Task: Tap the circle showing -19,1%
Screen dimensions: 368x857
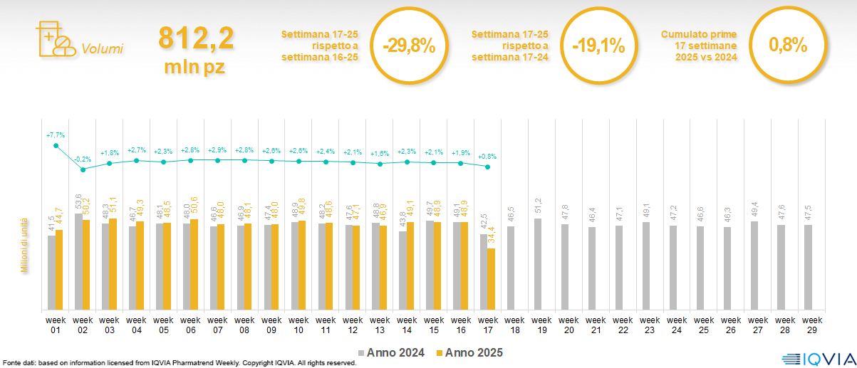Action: [598, 46]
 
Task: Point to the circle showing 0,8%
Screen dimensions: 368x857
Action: [788, 46]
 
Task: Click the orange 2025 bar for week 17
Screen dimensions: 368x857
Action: [491, 279]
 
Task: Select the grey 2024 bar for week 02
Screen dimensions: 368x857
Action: [78, 261]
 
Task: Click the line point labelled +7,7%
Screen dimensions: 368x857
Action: [56, 146]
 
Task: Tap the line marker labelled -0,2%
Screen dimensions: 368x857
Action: [83, 169]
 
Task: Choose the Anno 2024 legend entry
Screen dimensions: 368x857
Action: [391, 352]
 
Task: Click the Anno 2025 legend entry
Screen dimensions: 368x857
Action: [470, 352]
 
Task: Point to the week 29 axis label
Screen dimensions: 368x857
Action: [810, 324]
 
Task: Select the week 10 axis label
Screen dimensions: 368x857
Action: [299, 324]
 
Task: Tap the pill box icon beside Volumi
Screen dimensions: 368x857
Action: [55, 39]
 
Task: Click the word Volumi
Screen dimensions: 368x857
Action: [102, 49]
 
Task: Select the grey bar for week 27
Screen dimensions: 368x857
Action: [754, 266]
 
